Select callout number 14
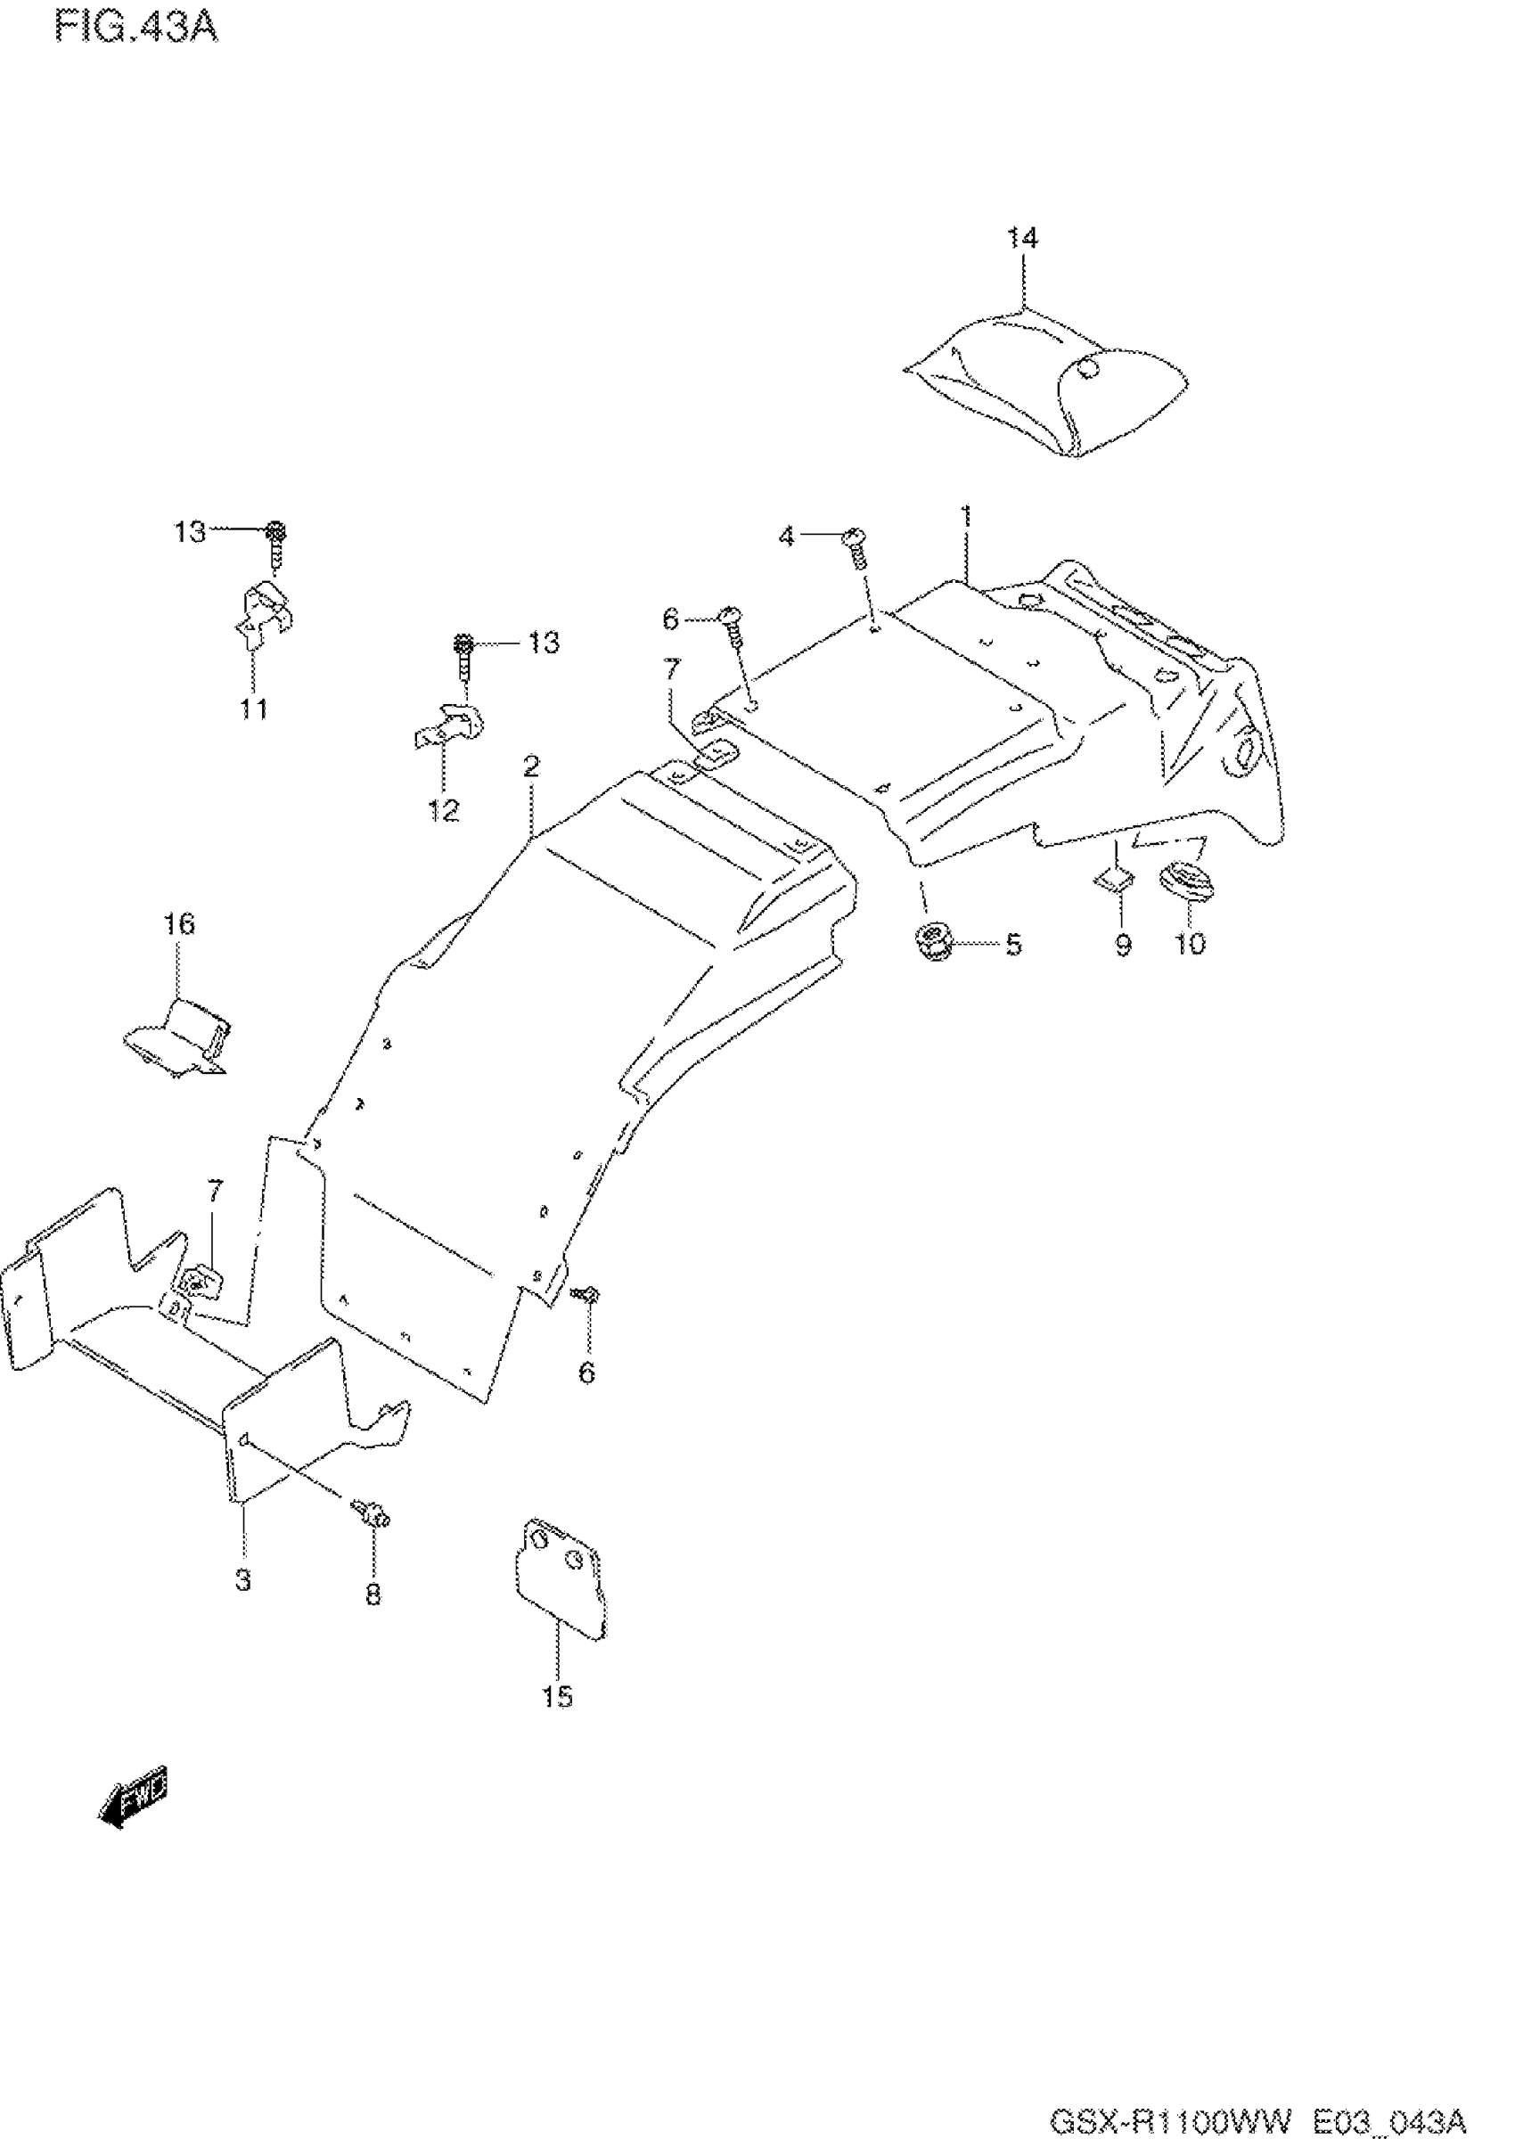(1021, 238)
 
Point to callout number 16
(179, 924)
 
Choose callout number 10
(1191, 943)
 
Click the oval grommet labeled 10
(1184, 881)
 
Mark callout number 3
(242, 1580)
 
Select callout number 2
(531, 766)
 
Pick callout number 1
(966, 515)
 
